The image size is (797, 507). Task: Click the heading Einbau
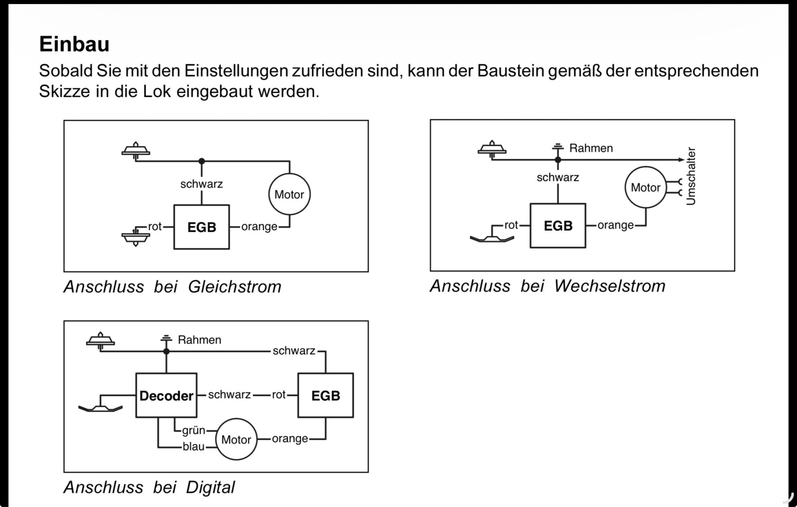74,44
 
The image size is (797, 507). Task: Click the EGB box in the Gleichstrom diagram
201,227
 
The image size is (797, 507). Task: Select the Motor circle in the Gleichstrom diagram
289,194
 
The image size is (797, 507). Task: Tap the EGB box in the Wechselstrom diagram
558,226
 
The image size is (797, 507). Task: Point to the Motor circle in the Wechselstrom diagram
646,187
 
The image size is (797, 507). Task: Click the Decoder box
166,395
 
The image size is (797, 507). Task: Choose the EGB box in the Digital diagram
325,395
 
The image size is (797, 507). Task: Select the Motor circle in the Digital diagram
236,439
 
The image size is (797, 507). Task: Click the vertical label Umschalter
691,176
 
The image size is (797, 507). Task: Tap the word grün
194,430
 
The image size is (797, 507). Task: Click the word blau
194,446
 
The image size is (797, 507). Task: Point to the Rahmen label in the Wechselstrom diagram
591,148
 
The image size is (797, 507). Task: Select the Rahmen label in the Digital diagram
199,340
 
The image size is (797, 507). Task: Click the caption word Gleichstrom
235,287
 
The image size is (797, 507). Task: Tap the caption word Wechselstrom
610,286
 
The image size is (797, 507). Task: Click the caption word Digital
210,487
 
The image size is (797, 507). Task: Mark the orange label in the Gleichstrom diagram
259,227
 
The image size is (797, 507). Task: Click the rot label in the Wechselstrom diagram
511,225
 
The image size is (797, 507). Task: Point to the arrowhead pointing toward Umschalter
681,159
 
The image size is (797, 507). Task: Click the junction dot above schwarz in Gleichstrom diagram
201,161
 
